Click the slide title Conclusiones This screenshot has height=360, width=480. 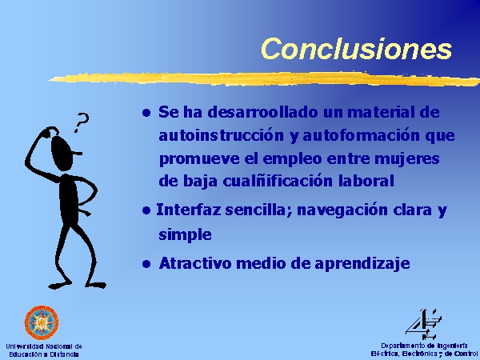tap(356, 48)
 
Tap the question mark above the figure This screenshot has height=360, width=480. tap(82, 122)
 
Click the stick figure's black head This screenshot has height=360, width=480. tap(62, 153)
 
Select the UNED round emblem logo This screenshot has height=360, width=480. tap(42, 322)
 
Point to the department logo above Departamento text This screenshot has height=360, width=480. tap(423, 325)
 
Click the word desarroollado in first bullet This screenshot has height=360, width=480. tap(263, 112)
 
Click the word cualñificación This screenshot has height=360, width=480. tap(278, 182)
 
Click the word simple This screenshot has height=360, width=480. tap(185, 235)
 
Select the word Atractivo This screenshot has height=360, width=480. tap(195, 263)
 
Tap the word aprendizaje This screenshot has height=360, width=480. tap(362, 264)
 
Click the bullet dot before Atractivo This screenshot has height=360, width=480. tap(146, 264)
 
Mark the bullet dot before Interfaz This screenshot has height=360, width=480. tap(146, 210)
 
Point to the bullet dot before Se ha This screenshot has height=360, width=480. tap(146, 113)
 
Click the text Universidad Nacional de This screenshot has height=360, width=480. tap(44, 346)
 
